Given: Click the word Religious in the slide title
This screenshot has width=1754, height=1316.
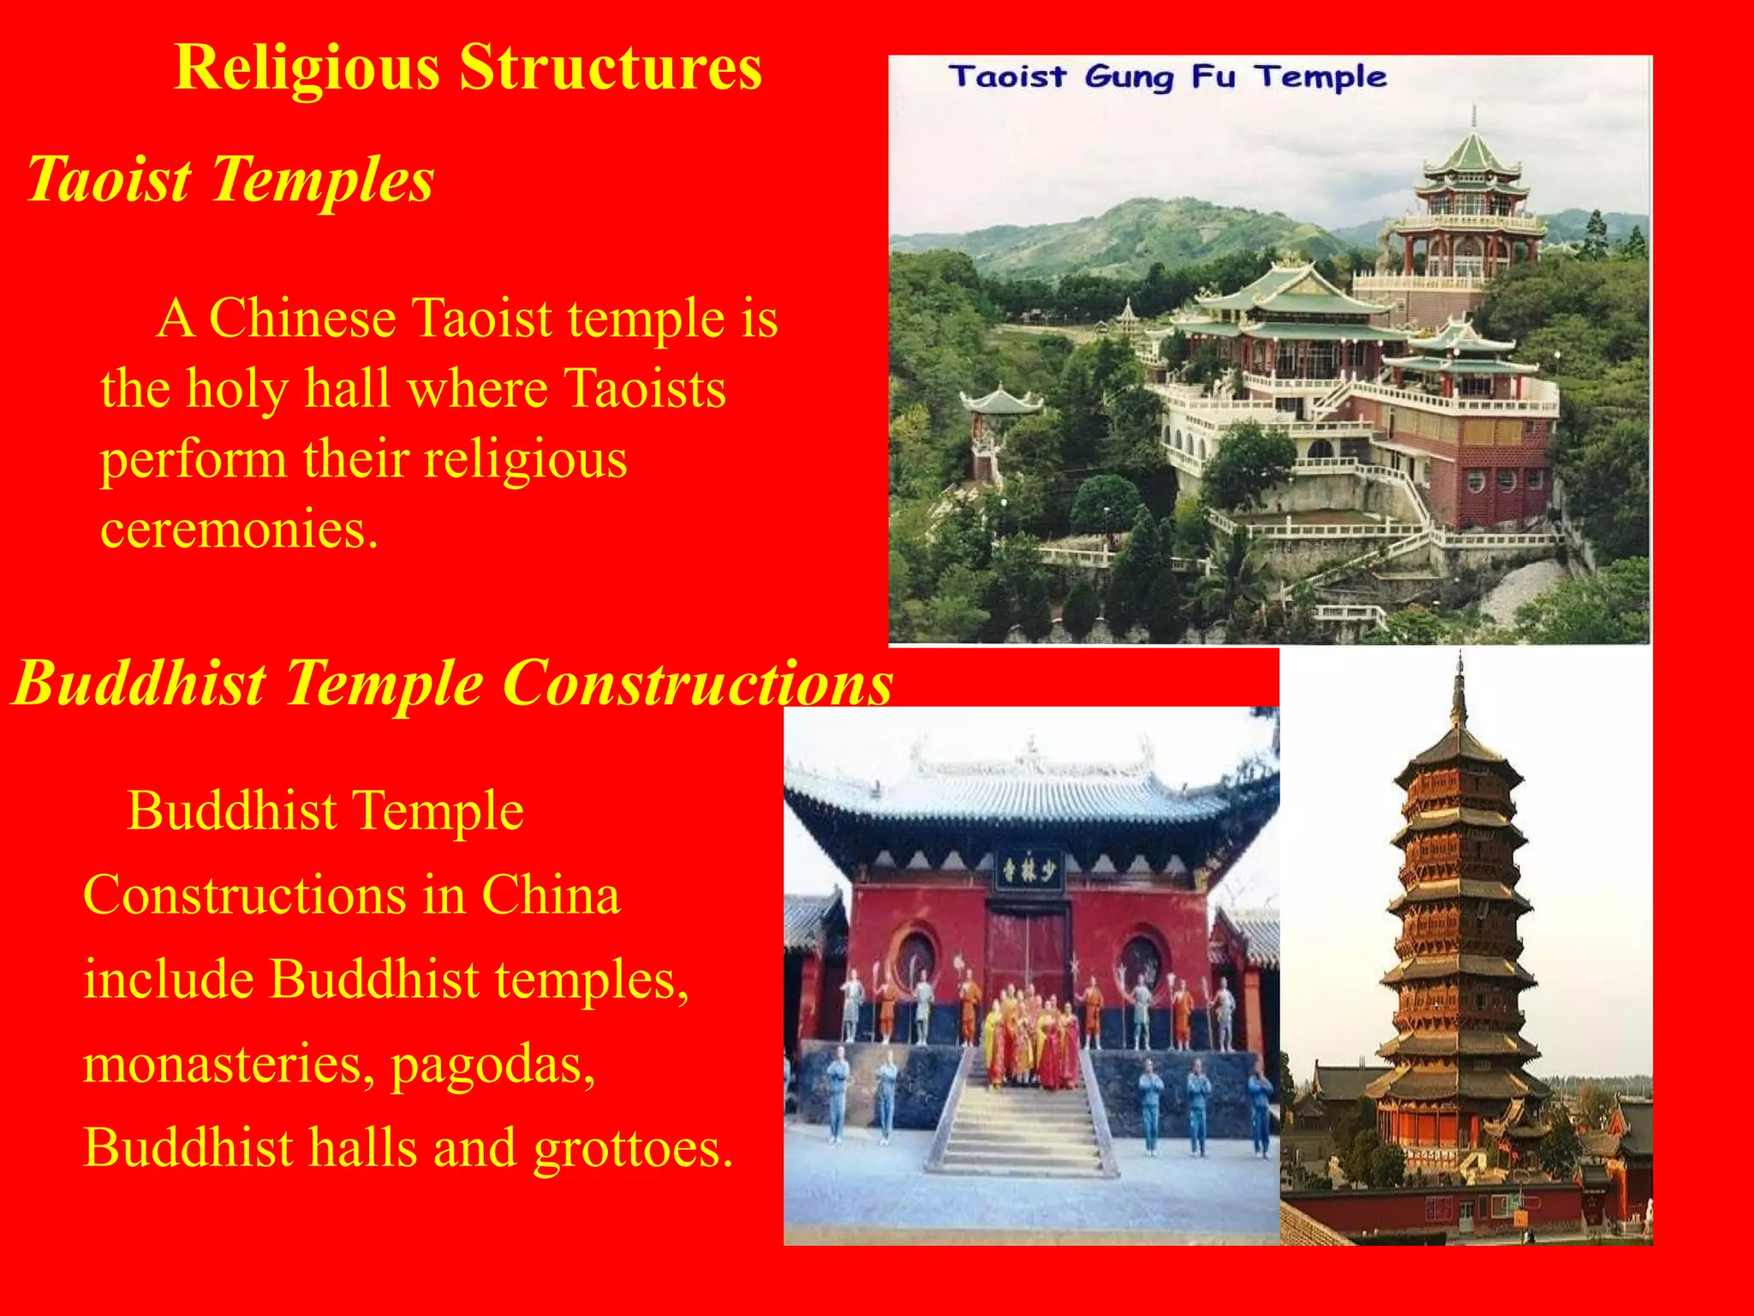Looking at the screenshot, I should point(307,69).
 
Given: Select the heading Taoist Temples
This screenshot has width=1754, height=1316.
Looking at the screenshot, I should point(230,180).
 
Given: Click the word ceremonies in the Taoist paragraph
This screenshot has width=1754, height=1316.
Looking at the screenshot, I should point(239,529).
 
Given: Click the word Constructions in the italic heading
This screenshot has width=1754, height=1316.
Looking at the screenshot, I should point(697,684).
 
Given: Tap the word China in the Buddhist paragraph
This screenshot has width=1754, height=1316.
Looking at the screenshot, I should point(550,895).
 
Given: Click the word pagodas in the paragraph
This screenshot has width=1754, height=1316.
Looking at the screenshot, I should point(492,1066).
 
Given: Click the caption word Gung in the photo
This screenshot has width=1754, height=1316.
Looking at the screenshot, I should point(1128,78).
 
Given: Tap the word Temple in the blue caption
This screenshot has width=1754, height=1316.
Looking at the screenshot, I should point(1321,78).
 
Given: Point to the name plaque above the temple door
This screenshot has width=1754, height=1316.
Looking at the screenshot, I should point(1029,870).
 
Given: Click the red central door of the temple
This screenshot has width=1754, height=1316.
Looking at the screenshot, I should point(1027,951).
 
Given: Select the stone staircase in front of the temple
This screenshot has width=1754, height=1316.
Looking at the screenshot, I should point(1020,1122).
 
